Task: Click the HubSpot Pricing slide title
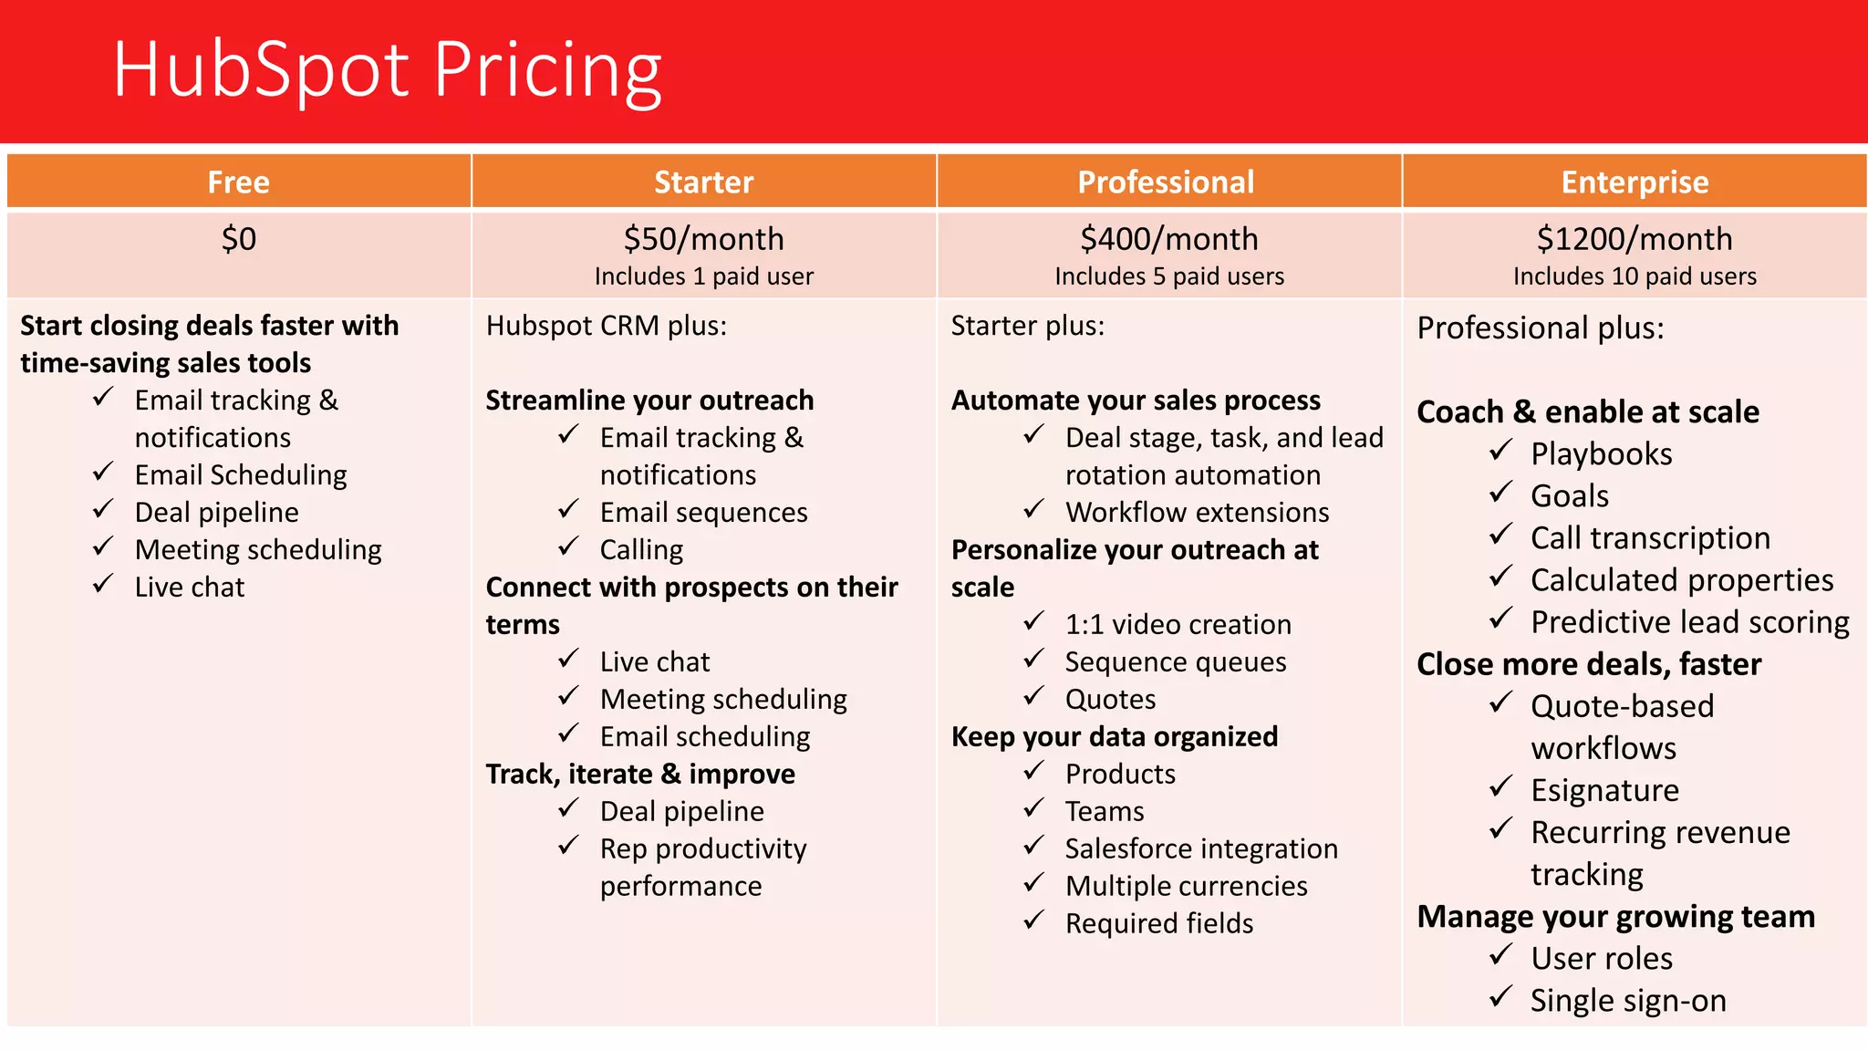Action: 387,70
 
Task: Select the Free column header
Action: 238,182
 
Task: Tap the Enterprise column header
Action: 1634,182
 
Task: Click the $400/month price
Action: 1168,239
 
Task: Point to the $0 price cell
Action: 238,239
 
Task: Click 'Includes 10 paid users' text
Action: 1634,276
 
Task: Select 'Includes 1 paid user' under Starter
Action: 703,276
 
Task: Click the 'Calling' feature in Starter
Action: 641,549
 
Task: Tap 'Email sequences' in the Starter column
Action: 703,513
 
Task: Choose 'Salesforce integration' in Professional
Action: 1200,848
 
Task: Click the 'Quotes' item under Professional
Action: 1110,700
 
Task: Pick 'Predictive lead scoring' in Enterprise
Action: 1689,622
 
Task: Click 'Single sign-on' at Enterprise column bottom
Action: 1628,1001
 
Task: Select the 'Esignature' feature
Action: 1604,790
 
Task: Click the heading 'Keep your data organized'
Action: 1114,736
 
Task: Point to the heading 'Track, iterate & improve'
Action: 639,774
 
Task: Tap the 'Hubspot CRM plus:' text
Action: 607,326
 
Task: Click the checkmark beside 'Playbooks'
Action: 1500,451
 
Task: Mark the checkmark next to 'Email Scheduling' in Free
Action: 103,473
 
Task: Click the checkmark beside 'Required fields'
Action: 1033,921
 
